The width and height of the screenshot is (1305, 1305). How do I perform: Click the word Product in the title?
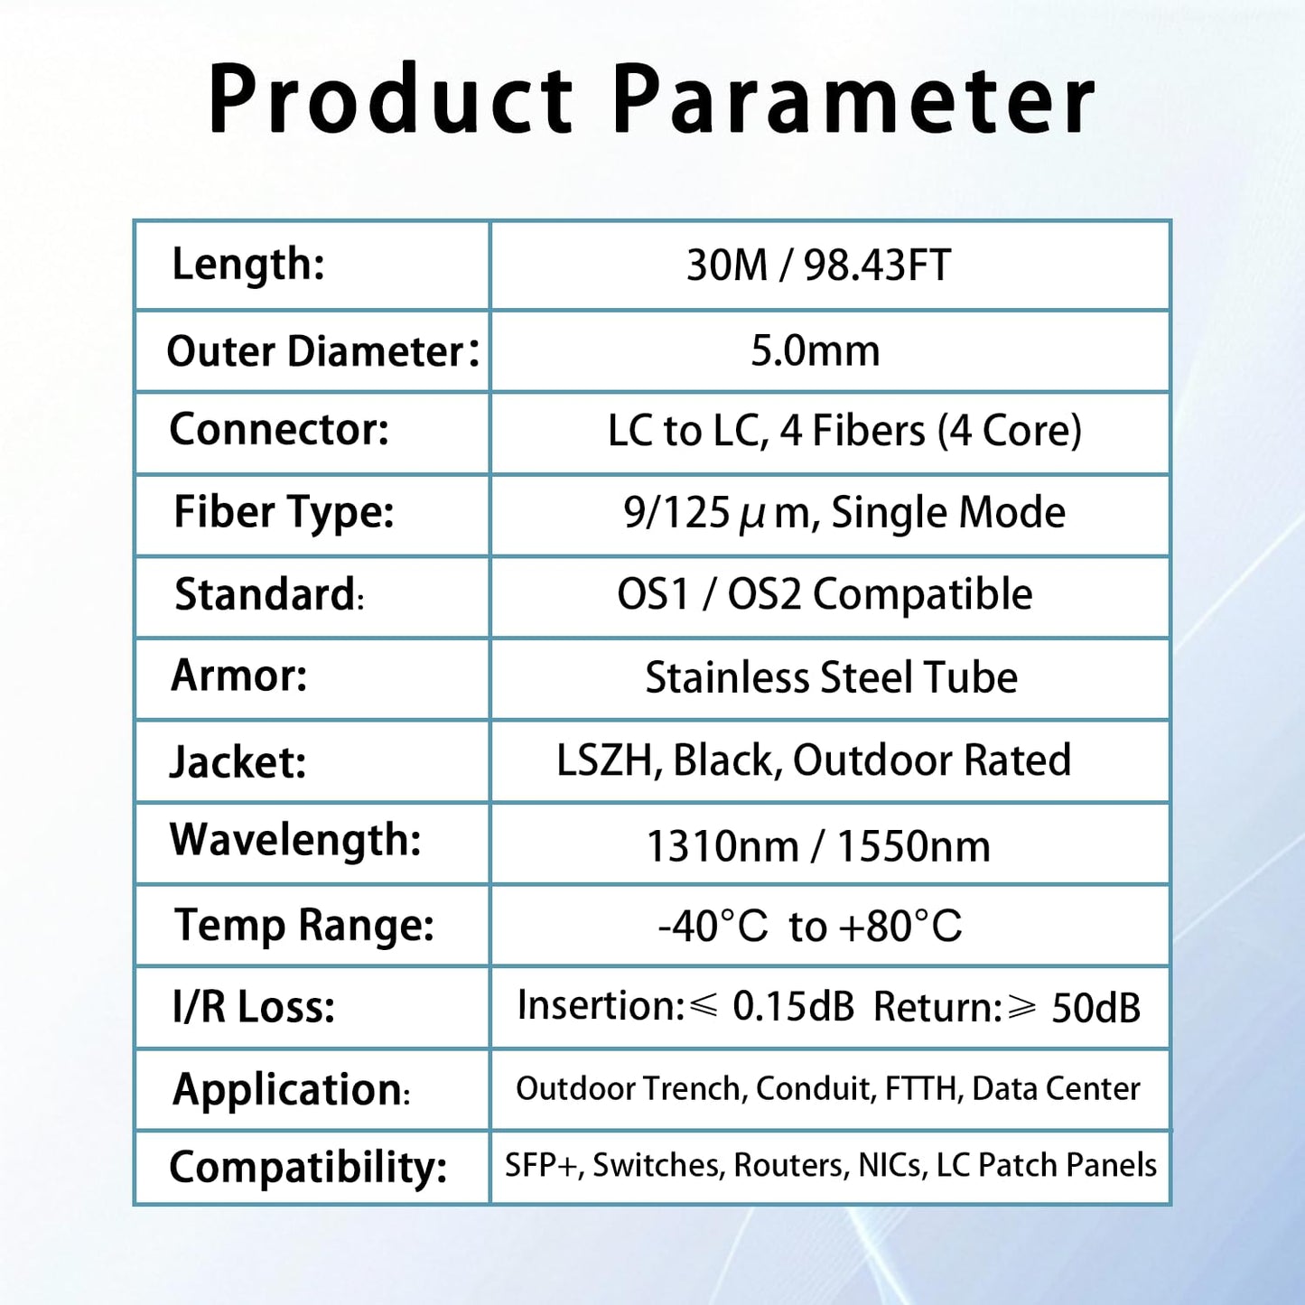390,99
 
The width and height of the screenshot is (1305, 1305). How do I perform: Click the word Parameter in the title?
853,99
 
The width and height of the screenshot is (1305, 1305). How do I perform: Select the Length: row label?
248,265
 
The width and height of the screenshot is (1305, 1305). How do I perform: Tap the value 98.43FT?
877,266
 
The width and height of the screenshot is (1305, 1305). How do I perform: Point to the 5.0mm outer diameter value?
816,350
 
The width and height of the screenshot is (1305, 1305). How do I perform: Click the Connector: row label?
279,430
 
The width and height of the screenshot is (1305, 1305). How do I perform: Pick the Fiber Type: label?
284,512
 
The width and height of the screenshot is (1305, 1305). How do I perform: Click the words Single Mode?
948,513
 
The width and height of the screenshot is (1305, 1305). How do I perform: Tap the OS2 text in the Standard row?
764,595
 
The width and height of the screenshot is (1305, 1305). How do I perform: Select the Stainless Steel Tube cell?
831,677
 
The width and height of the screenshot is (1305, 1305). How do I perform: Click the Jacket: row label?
238,761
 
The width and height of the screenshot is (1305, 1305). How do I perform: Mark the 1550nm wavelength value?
913,847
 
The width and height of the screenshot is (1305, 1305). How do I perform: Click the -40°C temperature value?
713,927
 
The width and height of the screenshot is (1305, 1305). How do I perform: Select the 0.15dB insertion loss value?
793,1007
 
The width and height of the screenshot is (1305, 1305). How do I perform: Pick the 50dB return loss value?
1095,1008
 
